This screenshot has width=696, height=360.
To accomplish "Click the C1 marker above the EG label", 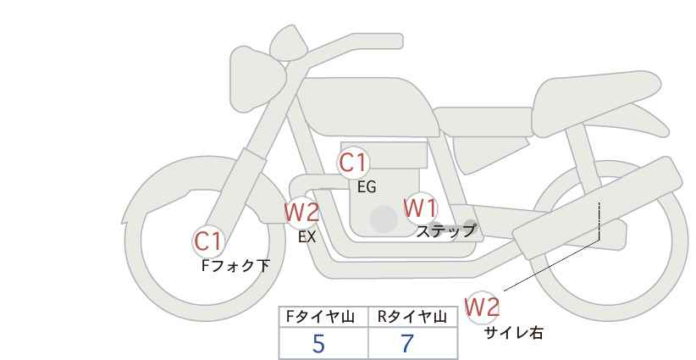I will click(353, 162).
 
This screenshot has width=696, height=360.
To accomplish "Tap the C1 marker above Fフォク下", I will click(207, 241).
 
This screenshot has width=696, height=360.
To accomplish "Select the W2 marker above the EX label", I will click(301, 212).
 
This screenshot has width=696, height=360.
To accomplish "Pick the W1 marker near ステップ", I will click(420, 208).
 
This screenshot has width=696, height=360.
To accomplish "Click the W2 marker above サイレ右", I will click(483, 307).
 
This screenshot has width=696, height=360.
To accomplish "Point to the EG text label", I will click(366, 187).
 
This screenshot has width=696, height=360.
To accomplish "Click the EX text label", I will click(307, 237).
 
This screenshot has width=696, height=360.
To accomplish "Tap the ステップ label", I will click(446, 230).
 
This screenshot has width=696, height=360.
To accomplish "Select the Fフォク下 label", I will click(235, 266).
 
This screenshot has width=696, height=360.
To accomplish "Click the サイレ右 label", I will click(513, 333).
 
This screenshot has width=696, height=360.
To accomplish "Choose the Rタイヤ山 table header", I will click(412, 317).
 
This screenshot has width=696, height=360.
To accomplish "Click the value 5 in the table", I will click(318, 343).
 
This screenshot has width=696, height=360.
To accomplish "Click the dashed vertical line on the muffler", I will click(600, 220).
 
